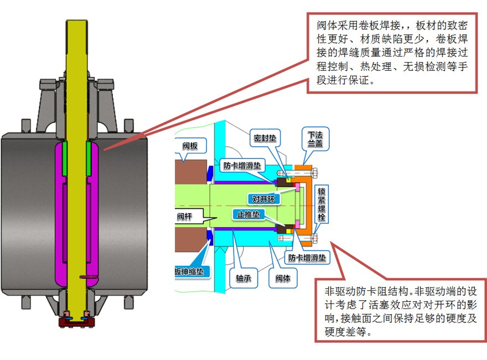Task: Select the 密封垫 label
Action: tap(266, 137)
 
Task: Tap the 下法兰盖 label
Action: tap(315, 138)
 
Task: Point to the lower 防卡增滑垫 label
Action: tap(307, 258)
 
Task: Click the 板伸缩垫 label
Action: tap(191, 272)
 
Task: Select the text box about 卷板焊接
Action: tap(392, 52)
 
